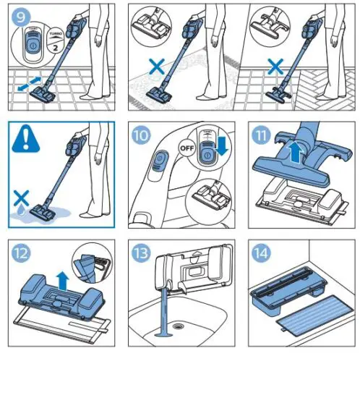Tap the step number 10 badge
click(x=141, y=134)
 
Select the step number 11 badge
click(x=261, y=134)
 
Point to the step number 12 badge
click(x=21, y=254)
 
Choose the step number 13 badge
click(x=141, y=254)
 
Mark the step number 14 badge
click(x=261, y=254)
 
